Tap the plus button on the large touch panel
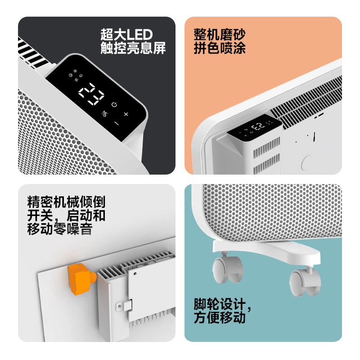pos(126,114)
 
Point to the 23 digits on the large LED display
pos(91,94)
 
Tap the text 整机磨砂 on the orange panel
pos(220,35)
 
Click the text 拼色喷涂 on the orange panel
pos(220,48)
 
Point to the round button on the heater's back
pos(307,162)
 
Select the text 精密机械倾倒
pos(66,201)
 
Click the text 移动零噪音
pos(60,229)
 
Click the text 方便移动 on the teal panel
pos(220,318)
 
